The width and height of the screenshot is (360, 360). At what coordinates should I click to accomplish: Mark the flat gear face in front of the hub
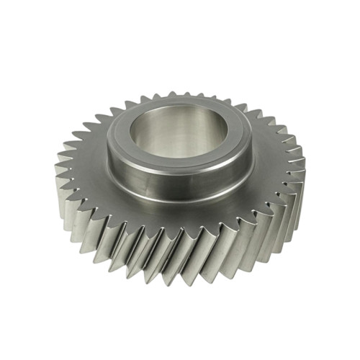tap(180, 220)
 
